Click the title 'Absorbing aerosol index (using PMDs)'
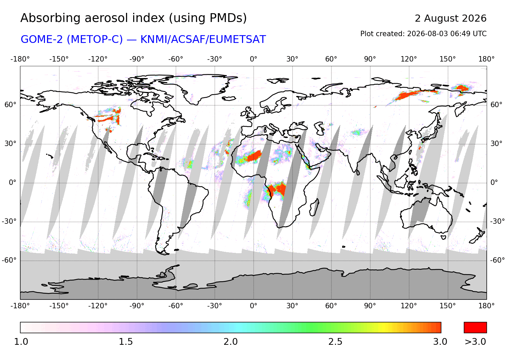[x=133, y=18]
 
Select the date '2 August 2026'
[x=451, y=19]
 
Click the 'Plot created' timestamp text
[x=423, y=34]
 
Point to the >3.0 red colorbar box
[x=475, y=327]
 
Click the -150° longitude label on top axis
[x=59, y=59]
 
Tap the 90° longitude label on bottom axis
[x=370, y=306]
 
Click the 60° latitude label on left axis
[x=10, y=105]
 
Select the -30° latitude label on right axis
[x=497, y=221]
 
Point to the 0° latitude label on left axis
[x=13, y=183]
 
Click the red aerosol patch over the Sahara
[x=254, y=156]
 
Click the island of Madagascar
[x=314, y=207]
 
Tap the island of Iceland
[x=229, y=98]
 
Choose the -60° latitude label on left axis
[x=9, y=260]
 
